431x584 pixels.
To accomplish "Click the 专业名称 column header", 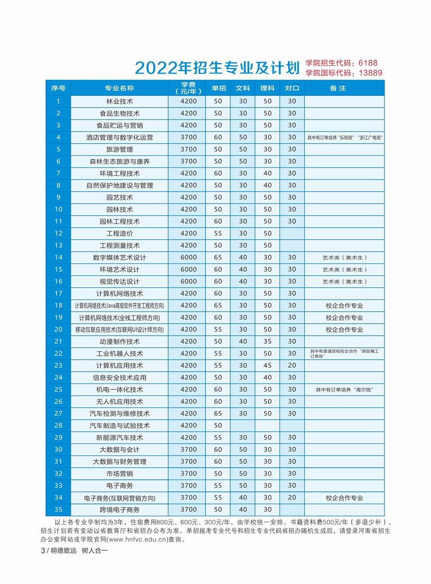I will (119, 88).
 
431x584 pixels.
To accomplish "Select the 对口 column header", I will (292, 88).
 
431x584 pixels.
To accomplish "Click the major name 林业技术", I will (119, 102).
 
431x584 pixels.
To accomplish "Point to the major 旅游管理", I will (119, 149).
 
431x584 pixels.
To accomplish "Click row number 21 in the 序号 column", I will (58, 341).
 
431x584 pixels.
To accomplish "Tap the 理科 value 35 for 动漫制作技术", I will (268, 341).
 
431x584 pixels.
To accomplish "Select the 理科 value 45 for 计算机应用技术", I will (268, 365).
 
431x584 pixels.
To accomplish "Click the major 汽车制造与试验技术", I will (119, 426).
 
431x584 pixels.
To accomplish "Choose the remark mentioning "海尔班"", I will (344, 390).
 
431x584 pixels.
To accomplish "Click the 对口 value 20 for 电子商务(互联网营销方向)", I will (292, 497).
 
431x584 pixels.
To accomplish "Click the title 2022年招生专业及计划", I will (217, 68).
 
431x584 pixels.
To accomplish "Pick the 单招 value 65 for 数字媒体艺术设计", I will (218, 257).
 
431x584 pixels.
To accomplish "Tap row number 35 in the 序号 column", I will (58, 510).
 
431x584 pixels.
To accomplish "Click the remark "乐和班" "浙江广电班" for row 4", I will (345, 138).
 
